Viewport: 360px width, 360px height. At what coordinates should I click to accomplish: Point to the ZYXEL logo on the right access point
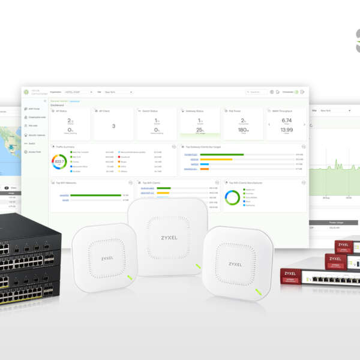235,264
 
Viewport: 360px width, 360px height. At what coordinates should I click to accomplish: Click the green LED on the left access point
130,278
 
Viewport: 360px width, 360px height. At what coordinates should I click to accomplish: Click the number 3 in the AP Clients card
113,126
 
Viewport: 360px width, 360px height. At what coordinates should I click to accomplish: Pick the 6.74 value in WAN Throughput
286,120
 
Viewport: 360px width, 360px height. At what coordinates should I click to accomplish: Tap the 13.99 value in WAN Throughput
286,130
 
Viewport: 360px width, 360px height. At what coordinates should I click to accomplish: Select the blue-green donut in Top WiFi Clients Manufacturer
232,197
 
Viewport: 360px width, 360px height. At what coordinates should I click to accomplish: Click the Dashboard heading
58,105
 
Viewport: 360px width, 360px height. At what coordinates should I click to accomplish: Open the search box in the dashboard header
256,92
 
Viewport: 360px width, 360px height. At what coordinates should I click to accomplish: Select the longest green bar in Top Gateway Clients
222,155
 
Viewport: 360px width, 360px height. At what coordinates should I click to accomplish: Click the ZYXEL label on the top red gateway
343,244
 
